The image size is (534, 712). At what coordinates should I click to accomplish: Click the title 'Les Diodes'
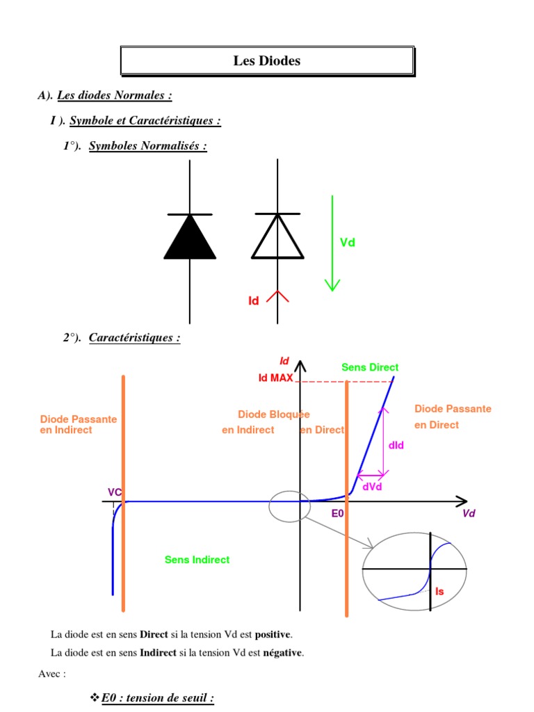pyautogui.click(x=267, y=61)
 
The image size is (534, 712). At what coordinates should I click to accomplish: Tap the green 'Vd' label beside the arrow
pyautogui.click(x=348, y=243)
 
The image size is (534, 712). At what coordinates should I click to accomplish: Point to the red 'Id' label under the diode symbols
pyautogui.click(x=254, y=301)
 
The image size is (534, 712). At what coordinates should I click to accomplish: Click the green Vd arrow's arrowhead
pyautogui.click(x=332, y=284)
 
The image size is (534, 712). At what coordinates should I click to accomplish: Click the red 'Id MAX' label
pyautogui.click(x=275, y=378)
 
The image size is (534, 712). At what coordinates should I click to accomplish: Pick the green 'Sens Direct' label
pyautogui.click(x=370, y=367)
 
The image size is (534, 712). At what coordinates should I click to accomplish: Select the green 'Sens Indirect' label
pyautogui.click(x=197, y=560)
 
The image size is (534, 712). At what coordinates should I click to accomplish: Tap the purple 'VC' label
pyautogui.click(x=115, y=492)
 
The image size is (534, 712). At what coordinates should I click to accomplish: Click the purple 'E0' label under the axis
pyautogui.click(x=338, y=514)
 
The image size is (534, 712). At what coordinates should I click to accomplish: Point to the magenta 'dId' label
pyautogui.click(x=396, y=445)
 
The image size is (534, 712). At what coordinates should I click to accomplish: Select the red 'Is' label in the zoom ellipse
pyautogui.click(x=439, y=590)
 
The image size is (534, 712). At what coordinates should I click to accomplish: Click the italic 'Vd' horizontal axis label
pyautogui.click(x=469, y=514)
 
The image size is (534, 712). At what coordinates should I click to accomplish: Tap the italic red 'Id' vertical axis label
pyautogui.click(x=284, y=361)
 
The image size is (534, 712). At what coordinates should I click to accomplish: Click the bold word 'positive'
pyautogui.click(x=273, y=635)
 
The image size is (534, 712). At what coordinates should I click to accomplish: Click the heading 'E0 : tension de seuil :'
pyautogui.click(x=157, y=698)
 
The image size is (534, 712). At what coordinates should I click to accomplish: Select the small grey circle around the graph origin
pyautogui.click(x=289, y=506)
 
